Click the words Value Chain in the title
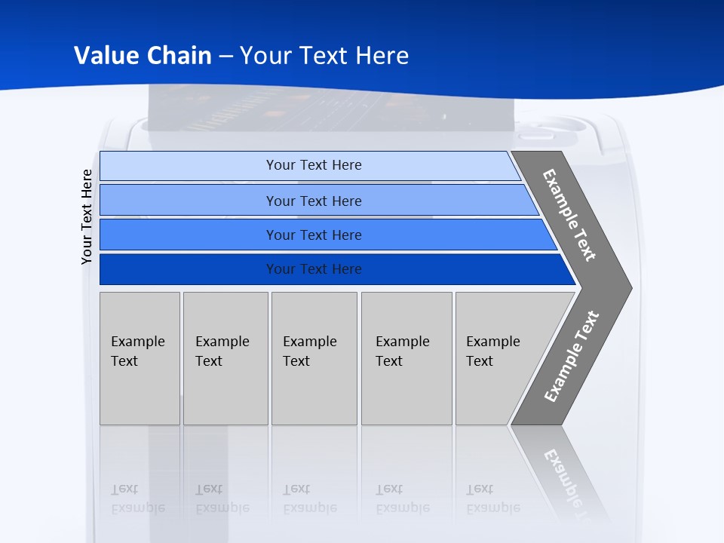[143, 55]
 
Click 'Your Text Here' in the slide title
[324, 55]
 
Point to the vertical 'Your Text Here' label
[87, 216]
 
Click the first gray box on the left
[140, 358]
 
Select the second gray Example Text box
[225, 358]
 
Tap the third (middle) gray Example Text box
[314, 358]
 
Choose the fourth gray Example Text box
[406, 358]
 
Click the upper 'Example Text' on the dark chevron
[569, 215]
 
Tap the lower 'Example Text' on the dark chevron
[571, 356]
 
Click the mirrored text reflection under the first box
[137, 499]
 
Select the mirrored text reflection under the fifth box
[492, 499]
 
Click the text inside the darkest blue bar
[314, 269]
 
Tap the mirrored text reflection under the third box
[309, 499]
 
